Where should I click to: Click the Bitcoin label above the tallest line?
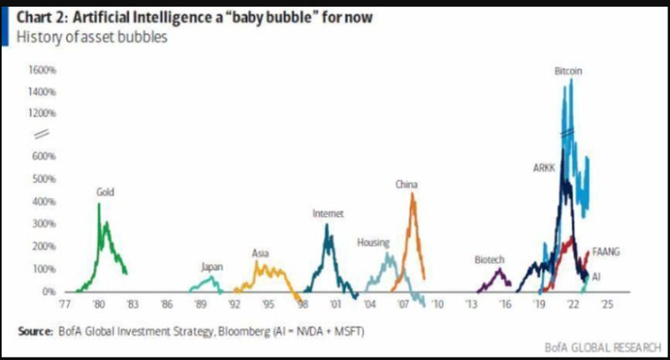568,71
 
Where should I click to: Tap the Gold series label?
105,192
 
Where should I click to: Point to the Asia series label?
260,252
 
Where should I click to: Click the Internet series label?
328,213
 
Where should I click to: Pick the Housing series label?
372,242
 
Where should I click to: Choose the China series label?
407,184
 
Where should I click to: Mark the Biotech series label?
489,259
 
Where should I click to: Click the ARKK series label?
543,168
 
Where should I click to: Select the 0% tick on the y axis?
49,291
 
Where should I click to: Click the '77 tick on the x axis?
65,306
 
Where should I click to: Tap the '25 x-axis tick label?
606,306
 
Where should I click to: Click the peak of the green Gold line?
99,203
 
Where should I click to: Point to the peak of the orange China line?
413,194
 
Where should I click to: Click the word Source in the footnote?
35,331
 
